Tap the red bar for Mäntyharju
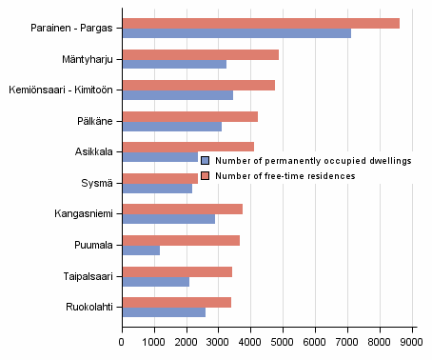click(200, 54)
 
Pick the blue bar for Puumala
click(141, 250)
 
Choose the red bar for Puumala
click(181, 240)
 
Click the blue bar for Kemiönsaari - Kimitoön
click(177, 95)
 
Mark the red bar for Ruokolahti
click(176, 302)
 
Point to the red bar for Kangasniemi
click(182, 210)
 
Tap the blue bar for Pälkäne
click(171, 127)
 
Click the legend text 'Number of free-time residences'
click(285, 175)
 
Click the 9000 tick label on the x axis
click(412, 340)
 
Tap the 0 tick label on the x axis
click(122, 340)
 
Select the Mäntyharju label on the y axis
click(88, 59)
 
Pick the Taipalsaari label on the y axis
click(88, 276)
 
